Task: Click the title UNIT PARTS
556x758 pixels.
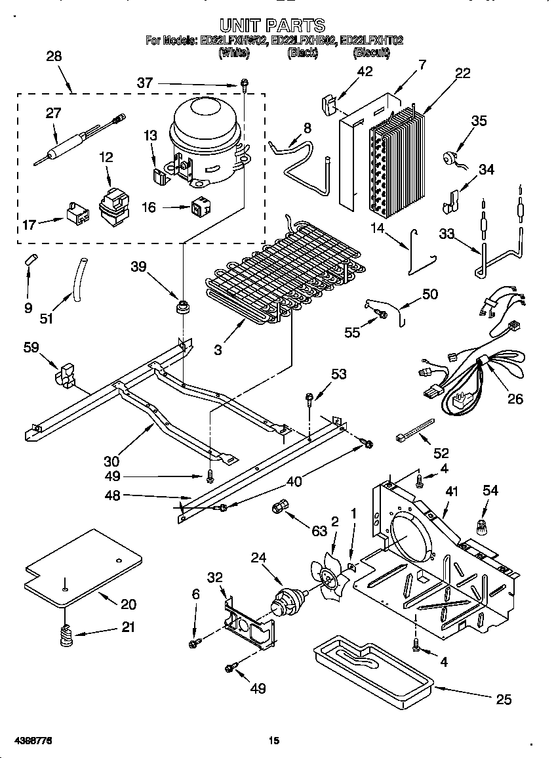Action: tap(272, 26)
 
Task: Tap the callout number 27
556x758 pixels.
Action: tap(52, 114)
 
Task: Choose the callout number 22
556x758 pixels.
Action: tap(462, 74)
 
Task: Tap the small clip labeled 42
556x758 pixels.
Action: tap(330, 104)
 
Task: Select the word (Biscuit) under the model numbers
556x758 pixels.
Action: tap(372, 54)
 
